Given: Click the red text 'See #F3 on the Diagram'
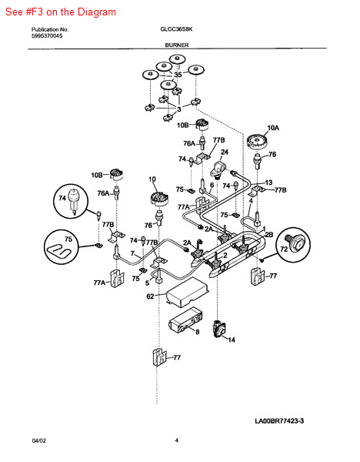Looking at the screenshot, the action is [x=61, y=12].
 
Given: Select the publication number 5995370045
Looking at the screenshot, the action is [x=47, y=36].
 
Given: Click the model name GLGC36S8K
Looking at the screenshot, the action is [x=176, y=29].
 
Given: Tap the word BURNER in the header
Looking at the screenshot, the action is [x=177, y=45].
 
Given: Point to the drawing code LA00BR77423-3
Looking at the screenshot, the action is [x=279, y=420].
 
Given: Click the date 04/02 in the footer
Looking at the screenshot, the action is [x=39, y=440].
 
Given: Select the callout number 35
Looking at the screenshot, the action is [x=178, y=75].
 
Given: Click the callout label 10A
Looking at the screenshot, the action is [x=273, y=128].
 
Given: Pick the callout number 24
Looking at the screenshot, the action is [x=225, y=152].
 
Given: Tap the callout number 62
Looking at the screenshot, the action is [x=150, y=296].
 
